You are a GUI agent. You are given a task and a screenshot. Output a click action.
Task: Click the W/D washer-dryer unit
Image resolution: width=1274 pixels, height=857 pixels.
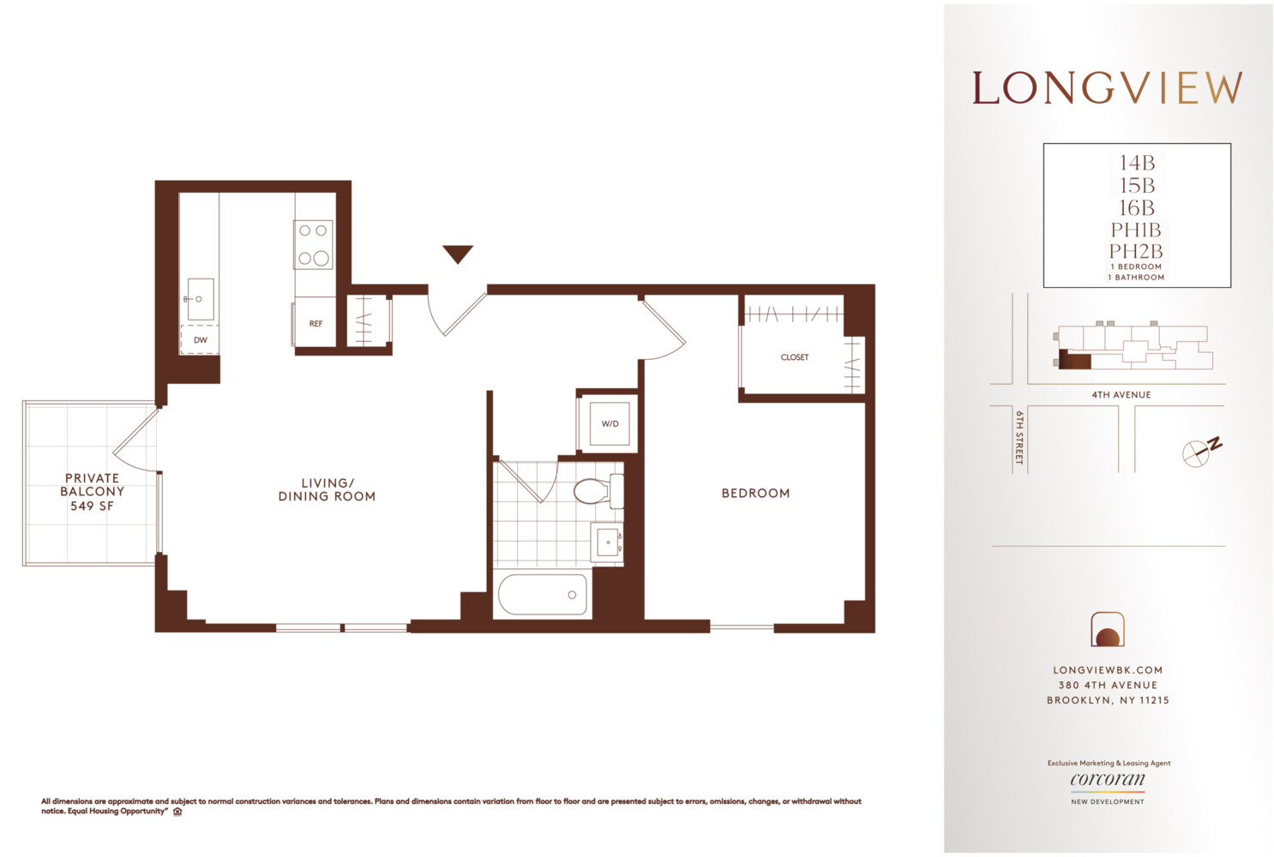click(x=610, y=424)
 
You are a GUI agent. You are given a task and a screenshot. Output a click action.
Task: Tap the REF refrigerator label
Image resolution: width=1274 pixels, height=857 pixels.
click(x=315, y=324)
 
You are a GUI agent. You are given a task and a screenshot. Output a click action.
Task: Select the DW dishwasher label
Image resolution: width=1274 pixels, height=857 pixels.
click(x=200, y=340)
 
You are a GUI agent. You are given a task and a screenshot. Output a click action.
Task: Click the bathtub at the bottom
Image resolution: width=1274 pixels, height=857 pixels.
click(x=543, y=595)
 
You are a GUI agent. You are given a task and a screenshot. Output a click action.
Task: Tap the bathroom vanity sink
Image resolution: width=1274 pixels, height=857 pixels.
click(x=608, y=542)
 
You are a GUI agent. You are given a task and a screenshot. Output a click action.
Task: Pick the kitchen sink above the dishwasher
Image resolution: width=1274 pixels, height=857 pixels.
click(x=200, y=299)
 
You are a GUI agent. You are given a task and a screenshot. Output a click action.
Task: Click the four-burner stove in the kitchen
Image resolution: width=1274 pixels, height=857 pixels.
click(x=313, y=244)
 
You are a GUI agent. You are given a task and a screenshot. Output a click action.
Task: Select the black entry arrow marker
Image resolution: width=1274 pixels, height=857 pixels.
click(x=458, y=254)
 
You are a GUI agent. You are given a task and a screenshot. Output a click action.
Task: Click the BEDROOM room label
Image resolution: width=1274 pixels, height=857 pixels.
click(x=755, y=494)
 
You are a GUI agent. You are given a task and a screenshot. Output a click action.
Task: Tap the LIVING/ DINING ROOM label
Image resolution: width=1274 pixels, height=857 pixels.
click(x=327, y=489)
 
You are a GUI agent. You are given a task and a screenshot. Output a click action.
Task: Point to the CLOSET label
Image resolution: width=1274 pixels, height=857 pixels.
click(x=795, y=357)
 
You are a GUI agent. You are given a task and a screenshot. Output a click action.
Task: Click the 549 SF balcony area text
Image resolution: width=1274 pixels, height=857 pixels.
click(x=92, y=506)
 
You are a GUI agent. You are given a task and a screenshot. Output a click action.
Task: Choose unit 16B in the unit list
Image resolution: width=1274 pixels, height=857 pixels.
click(x=1137, y=208)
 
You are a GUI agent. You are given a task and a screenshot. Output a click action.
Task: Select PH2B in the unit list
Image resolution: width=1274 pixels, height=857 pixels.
click(x=1136, y=252)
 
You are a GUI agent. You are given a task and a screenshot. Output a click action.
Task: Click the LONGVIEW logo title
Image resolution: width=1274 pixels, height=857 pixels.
click(x=1107, y=88)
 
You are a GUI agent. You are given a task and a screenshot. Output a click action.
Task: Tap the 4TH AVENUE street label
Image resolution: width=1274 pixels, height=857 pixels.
click(x=1121, y=395)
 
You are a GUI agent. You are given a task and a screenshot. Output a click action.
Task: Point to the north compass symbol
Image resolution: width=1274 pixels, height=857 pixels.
click(x=1199, y=452)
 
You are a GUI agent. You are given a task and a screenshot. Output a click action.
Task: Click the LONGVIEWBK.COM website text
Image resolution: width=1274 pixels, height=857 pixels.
click(x=1108, y=670)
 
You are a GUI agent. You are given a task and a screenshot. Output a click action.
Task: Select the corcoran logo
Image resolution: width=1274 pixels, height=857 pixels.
click(x=1108, y=781)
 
